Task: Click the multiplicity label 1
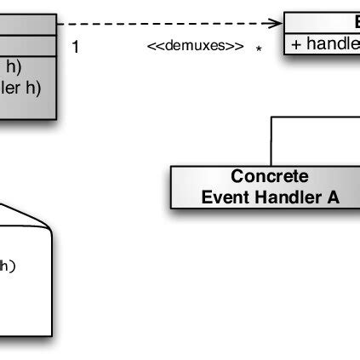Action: click(75, 47)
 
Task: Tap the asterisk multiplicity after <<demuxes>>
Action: click(258, 49)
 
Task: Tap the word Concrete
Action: click(270, 177)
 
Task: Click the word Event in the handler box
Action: click(222, 197)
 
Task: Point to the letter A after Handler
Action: click(332, 197)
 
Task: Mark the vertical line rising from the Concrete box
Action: click(271, 140)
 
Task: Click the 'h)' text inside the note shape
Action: click(7, 266)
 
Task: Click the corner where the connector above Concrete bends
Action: click(271, 117)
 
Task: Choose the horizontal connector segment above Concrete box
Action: click(315, 117)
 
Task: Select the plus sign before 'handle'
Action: click(295, 45)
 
